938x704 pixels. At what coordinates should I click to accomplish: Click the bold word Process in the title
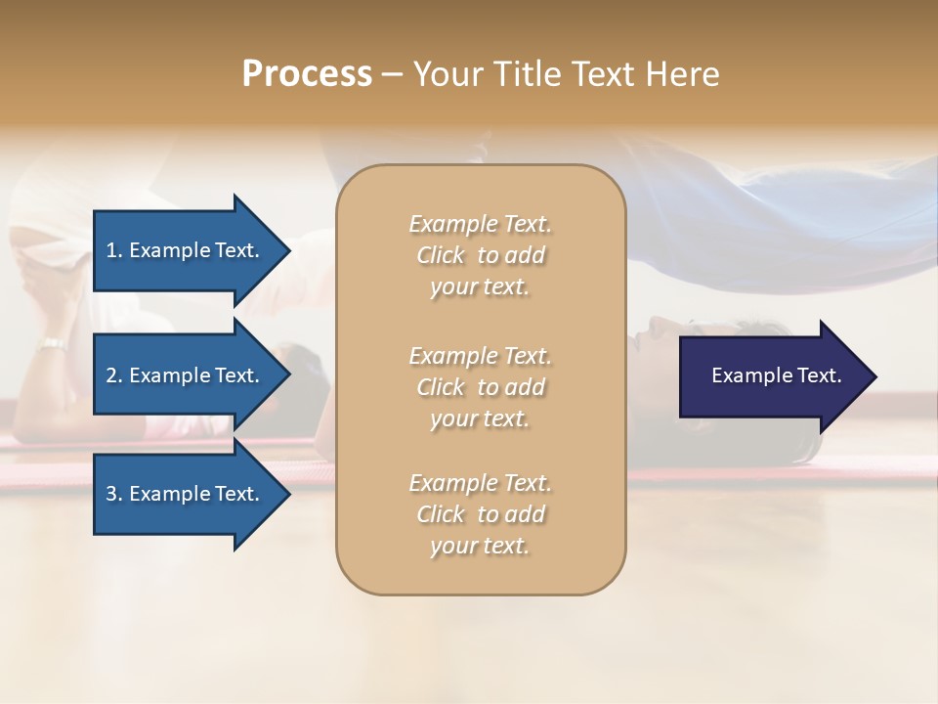coord(307,74)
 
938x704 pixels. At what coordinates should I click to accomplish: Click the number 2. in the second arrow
coord(114,375)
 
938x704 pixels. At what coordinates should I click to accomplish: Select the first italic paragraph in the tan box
coord(480,255)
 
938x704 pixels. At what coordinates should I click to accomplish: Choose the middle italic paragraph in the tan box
coord(480,387)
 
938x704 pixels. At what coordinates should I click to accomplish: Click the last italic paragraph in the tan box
coord(480,514)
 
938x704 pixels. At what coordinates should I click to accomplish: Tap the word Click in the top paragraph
coord(441,256)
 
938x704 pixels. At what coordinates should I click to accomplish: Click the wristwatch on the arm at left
coord(52,344)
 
